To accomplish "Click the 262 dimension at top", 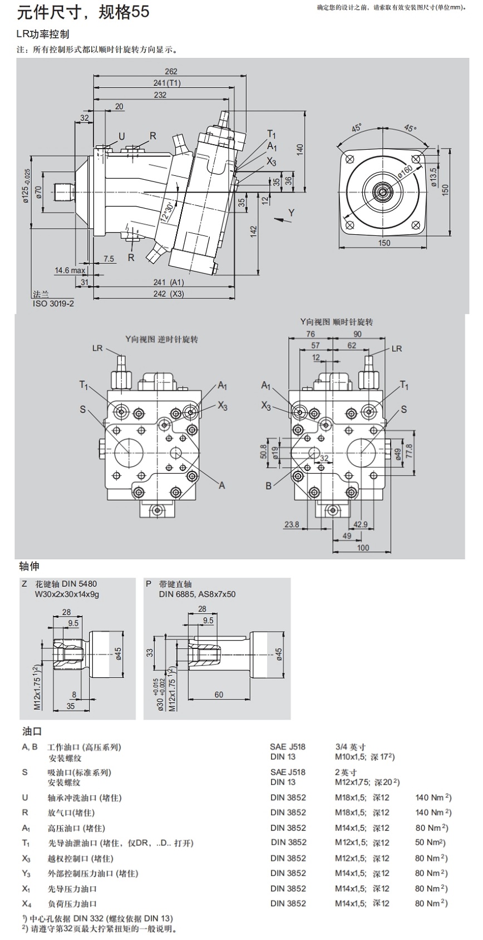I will point(171,71).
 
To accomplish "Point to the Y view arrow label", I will point(291,213).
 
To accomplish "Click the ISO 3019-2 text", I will point(53,303).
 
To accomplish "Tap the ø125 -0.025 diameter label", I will point(26,186).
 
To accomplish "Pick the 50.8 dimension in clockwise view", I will point(263,450).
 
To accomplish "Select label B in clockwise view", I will point(268,486).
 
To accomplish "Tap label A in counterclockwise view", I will point(221,485).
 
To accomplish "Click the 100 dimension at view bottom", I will point(363,548).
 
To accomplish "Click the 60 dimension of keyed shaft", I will point(219,694).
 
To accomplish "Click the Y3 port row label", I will point(26,873).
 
